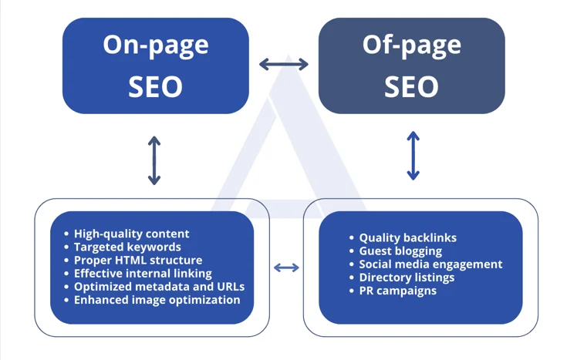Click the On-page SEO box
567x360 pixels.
[156, 66]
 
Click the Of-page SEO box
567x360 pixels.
[411, 66]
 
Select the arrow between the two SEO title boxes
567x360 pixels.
[284, 65]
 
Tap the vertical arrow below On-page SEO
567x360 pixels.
[154, 160]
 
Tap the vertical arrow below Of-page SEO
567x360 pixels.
[413, 156]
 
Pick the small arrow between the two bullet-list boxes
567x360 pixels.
[286, 267]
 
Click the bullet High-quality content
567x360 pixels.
[131, 234]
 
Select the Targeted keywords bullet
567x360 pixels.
[127, 247]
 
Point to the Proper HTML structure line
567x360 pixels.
[138, 260]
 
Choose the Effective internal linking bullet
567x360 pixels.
[143, 273]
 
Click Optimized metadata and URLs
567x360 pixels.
[159, 286]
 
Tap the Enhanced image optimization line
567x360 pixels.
[157, 299]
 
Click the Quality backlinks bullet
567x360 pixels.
[407, 238]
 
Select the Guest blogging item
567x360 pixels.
[400, 251]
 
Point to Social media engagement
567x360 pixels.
[430, 264]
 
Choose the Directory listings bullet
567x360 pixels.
[407, 278]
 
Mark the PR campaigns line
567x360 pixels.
[397, 291]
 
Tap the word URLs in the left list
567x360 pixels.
[229, 286]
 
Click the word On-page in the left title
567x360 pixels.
[156, 44]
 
